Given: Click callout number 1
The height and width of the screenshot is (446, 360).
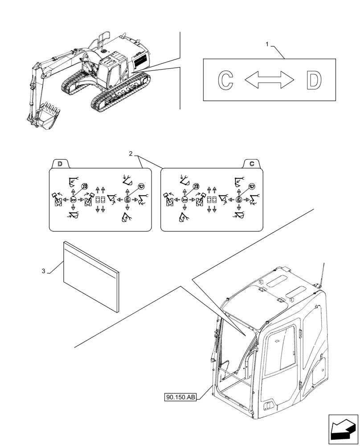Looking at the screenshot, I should point(267,44).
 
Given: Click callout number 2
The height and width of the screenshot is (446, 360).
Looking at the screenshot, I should point(131,154).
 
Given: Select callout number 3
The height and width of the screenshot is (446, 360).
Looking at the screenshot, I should point(43,271).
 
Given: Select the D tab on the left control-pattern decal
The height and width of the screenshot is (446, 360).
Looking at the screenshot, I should point(60,164).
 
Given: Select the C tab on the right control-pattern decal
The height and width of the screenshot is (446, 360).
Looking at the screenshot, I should point(252,164).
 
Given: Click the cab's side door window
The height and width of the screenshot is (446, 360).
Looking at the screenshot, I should point(280,348).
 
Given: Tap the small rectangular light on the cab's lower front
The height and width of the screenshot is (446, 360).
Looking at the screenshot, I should point(269,405).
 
